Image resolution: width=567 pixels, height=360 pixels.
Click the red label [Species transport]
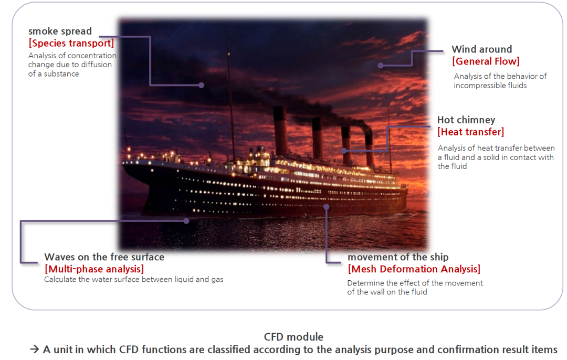click(x=71, y=44)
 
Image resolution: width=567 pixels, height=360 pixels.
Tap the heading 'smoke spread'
click(x=60, y=31)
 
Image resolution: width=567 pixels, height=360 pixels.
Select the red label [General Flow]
click(x=486, y=61)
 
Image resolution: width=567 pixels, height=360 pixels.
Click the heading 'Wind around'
click(x=481, y=49)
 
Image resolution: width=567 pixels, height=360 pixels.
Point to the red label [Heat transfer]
click(x=470, y=132)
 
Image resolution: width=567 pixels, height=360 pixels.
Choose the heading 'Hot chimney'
click(x=466, y=120)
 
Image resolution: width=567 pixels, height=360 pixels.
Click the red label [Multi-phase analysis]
click(x=94, y=269)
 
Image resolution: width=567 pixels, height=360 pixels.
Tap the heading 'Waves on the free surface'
click(x=104, y=257)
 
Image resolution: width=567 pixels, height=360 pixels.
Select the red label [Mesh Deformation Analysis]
click(x=414, y=269)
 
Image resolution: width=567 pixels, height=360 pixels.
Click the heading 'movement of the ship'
click(x=398, y=257)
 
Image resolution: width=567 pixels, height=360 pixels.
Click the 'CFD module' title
click(x=293, y=337)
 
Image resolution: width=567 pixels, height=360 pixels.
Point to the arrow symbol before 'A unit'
click(x=34, y=349)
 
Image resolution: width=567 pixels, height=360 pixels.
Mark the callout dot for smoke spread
click(x=202, y=86)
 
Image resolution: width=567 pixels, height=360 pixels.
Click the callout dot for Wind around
click(x=381, y=66)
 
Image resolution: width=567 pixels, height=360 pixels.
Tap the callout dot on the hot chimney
click(x=344, y=151)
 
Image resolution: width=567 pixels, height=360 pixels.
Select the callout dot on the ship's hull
click(x=326, y=207)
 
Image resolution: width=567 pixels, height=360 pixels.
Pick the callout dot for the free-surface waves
click(x=186, y=221)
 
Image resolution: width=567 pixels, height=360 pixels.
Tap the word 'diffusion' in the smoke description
click(x=97, y=65)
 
